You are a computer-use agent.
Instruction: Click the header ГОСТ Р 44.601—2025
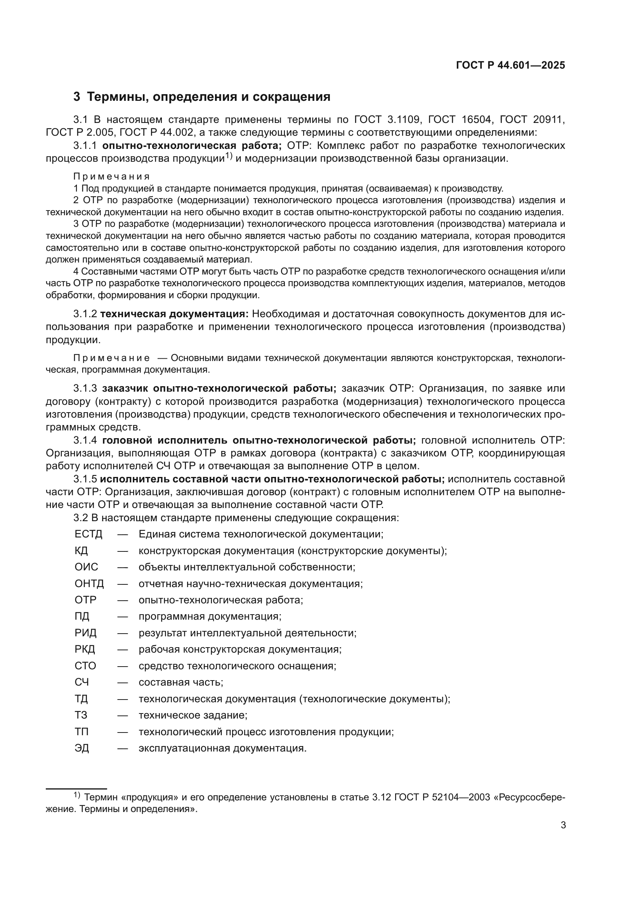click(x=510, y=66)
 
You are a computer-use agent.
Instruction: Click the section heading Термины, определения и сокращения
click(x=208, y=97)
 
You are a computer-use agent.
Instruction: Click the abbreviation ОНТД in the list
click(x=89, y=584)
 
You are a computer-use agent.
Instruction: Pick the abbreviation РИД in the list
click(x=85, y=633)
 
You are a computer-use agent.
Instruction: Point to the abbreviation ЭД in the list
click(x=82, y=748)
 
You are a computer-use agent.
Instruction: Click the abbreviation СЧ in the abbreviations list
click(x=82, y=682)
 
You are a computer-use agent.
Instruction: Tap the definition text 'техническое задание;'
click(x=193, y=715)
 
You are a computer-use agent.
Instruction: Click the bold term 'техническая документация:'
click(x=174, y=314)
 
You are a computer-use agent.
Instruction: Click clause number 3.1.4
click(x=85, y=440)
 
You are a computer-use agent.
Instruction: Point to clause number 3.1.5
click(x=85, y=479)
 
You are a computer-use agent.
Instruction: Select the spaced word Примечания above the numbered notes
click(x=111, y=176)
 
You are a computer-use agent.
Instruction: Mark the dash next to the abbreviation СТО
click(x=123, y=666)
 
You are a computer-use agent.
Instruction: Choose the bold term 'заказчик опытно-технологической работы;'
click(x=219, y=388)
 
